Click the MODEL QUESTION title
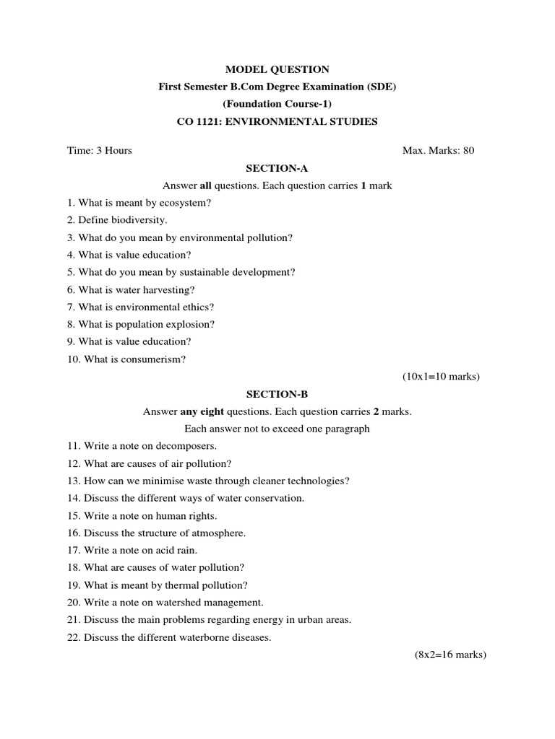tap(277, 69)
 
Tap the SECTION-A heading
tap(277, 168)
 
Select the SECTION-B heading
tap(277, 394)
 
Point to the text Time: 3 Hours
tap(100, 151)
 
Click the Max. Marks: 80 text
tap(438, 151)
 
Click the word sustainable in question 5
tap(200, 272)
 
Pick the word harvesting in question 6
tap(169, 289)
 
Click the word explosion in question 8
tap(189, 324)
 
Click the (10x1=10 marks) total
tap(441, 376)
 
